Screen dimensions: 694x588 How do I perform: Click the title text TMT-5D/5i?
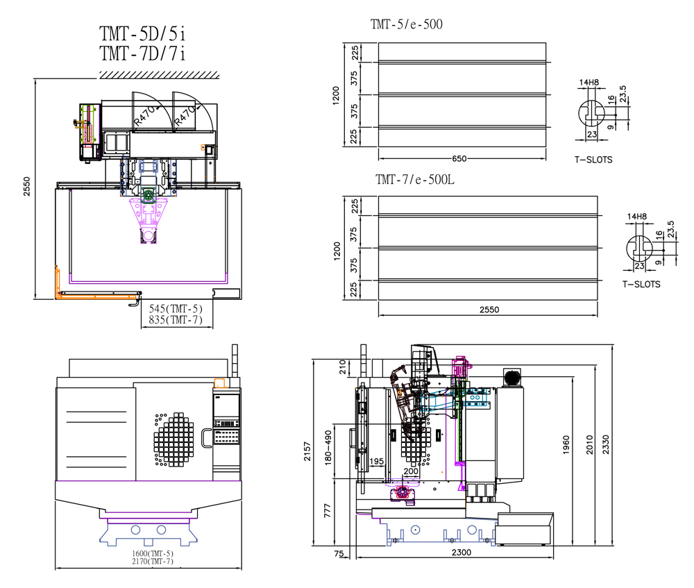pyautogui.click(x=142, y=33)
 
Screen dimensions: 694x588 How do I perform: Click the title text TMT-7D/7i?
pyautogui.click(x=142, y=53)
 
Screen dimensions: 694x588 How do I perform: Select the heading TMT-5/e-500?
pyautogui.click(x=406, y=24)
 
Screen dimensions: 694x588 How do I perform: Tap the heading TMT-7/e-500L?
pyautogui.click(x=415, y=179)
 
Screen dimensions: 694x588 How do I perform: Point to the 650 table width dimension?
pyautogui.click(x=459, y=158)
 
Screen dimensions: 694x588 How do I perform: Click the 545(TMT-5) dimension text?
pyautogui.click(x=176, y=309)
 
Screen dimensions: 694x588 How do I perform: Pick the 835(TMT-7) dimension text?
pyautogui.click(x=176, y=319)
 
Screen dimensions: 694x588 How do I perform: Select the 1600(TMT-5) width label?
pyautogui.click(x=152, y=553)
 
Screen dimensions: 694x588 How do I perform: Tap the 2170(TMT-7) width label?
pyautogui.click(x=152, y=562)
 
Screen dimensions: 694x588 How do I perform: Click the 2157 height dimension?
pyautogui.click(x=307, y=451)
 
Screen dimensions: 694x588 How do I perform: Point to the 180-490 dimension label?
pyautogui.click(x=328, y=447)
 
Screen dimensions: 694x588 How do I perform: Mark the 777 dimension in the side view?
pyautogui.click(x=327, y=510)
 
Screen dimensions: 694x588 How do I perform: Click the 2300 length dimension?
pyautogui.click(x=462, y=552)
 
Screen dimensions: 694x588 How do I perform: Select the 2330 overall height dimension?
pyautogui.click(x=605, y=444)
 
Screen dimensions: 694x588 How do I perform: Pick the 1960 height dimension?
pyautogui.click(x=566, y=444)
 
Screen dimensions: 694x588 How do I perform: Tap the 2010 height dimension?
pyautogui.click(x=589, y=444)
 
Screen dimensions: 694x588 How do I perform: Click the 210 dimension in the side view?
pyautogui.click(x=342, y=367)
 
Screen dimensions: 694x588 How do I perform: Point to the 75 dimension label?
pyautogui.click(x=339, y=553)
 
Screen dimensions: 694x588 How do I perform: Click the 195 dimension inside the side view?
pyautogui.click(x=376, y=462)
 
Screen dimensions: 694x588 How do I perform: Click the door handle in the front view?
pyautogui.click(x=206, y=438)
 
